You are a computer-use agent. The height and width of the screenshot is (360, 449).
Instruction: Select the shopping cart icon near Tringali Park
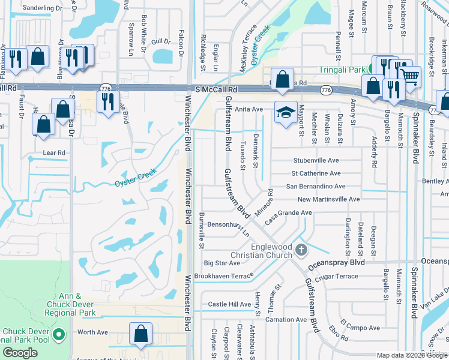410,76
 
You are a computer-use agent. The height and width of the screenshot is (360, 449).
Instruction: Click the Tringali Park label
342,70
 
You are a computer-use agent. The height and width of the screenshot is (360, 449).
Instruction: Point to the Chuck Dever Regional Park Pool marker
59,333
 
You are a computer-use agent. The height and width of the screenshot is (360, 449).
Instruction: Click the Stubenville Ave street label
316,161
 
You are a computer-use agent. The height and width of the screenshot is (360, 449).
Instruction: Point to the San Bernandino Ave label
315,187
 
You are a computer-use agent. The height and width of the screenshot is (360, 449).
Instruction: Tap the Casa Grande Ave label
289,212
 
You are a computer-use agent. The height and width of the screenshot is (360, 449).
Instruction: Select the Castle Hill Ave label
229,304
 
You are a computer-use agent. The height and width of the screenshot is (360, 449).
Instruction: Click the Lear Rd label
53,153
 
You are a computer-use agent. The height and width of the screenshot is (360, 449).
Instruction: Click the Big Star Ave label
222,263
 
